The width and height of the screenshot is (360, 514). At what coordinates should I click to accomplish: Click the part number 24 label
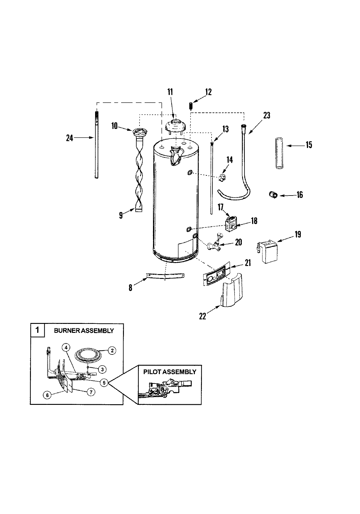pos(70,138)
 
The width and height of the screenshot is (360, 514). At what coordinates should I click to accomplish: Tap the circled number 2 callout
pos(112,350)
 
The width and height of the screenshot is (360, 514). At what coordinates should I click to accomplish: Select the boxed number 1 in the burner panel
pos(37,330)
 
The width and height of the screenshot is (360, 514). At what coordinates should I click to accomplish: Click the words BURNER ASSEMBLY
pos(84,331)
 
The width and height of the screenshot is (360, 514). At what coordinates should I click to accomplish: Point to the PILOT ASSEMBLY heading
pos(169,372)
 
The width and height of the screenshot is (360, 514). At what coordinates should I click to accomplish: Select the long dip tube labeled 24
pos(97,144)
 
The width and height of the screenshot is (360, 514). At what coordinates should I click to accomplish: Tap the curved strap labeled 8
pos(165,276)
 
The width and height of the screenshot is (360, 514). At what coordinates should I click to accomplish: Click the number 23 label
pos(266,115)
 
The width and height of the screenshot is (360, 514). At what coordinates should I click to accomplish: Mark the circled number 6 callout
pos(47,395)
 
